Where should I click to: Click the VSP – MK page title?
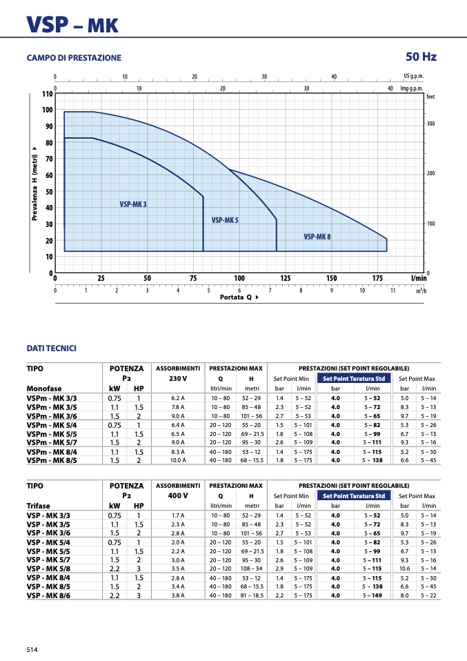tap(72, 25)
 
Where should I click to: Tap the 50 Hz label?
tap(421, 57)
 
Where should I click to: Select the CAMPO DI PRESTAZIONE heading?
tap(74, 58)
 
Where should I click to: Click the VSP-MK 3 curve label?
tap(133, 204)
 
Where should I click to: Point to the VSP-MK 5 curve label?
tap(225, 220)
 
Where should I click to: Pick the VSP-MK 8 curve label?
tap(317, 237)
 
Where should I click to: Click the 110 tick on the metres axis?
tap(47, 94)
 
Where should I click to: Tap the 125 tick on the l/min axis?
tap(286, 278)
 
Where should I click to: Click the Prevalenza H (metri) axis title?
tap(34, 184)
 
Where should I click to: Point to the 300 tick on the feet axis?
tap(430, 124)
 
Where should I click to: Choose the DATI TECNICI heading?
tap(52, 348)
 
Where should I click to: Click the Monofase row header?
tap(44, 388)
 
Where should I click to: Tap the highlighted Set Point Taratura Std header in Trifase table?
tap(354, 495)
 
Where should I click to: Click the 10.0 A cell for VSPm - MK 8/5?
tap(178, 460)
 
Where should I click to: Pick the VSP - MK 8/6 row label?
tap(48, 595)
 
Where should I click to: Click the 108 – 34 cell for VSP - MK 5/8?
tap(252, 569)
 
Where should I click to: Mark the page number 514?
tap(32, 650)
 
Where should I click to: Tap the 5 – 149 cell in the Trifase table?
tap(372, 595)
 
